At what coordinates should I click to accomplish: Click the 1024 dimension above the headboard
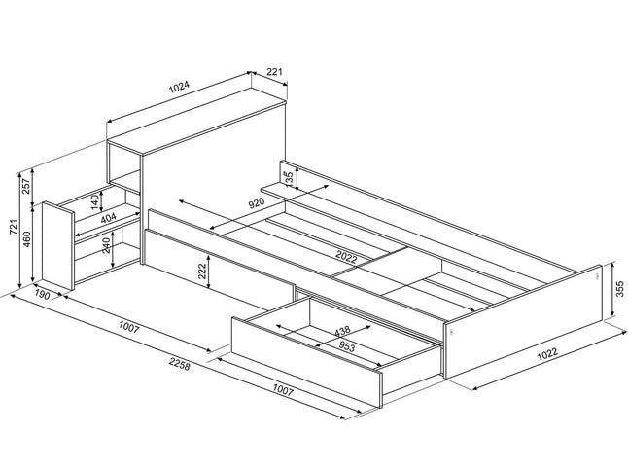coord(179,88)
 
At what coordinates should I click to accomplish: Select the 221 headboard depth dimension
coord(274,72)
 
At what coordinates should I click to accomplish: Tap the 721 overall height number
coord(14,228)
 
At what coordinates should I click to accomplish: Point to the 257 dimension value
coord(26,186)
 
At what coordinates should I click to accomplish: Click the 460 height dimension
coord(26,239)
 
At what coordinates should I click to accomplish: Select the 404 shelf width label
coord(108,218)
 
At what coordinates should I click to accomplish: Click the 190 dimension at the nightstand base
coord(42,296)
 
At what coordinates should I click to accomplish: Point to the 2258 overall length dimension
coord(179,364)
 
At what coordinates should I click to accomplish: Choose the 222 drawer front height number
coord(202,272)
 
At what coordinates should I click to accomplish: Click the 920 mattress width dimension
coord(257,203)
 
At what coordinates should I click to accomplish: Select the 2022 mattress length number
coord(346,257)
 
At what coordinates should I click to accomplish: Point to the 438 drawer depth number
coord(342,331)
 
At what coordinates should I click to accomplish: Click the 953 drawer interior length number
coord(346,346)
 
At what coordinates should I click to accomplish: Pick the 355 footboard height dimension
coord(619,289)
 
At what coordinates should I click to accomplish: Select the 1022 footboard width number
coord(547,354)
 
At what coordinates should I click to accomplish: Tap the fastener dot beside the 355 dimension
coord(596,276)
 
